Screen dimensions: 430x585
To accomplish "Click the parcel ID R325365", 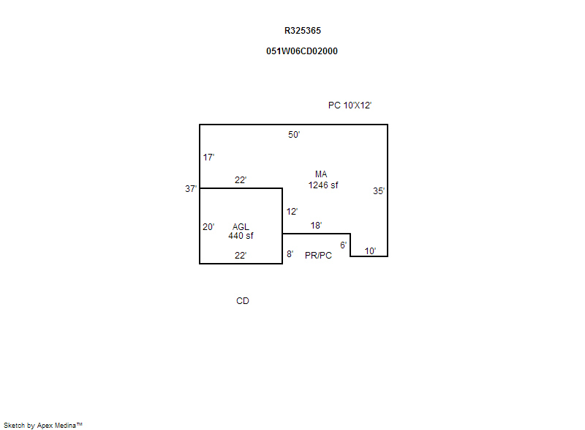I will pyautogui.click(x=302, y=31).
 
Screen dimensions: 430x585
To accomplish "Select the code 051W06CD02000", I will pyautogui.click(x=302, y=51).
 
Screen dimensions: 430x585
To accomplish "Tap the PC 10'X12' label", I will pyautogui.click(x=350, y=105).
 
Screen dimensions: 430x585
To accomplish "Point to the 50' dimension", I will pyautogui.click(x=294, y=135).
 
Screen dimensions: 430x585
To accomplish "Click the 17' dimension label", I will pyautogui.click(x=208, y=157).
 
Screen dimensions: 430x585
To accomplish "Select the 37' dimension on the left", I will pyautogui.click(x=191, y=189).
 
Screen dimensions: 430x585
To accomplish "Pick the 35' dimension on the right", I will pyautogui.click(x=379, y=191).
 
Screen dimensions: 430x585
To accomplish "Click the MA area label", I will pyautogui.click(x=321, y=174).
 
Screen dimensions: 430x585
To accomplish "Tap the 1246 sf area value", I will pyautogui.click(x=323, y=185).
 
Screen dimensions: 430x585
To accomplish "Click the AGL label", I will pyautogui.click(x=241, y=227).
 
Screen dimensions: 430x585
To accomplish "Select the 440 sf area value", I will pyautogui.click(x=241, y=236).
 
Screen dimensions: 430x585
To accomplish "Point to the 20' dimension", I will pyautogui.click(x=208, y=227).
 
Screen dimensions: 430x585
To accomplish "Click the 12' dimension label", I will pyautogui.click(x=292, y=212).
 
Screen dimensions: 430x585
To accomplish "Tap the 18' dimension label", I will pyautogui.click(x=316, y=226).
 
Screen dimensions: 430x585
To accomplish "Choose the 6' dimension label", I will pyautogui.click(x=343, y=245).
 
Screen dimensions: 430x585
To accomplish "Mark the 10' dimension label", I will pyautogui.click(x=370, y=251).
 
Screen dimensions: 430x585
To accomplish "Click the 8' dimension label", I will pyautogui.click(x=290, y=254).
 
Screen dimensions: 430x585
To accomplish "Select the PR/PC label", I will pyautogui.click(x=318, y=256).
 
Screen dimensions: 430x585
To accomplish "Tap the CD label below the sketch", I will pyautogui.click(x=242, y=301).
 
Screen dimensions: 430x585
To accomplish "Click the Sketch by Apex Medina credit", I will pyautogui.click(x=43, y=425).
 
